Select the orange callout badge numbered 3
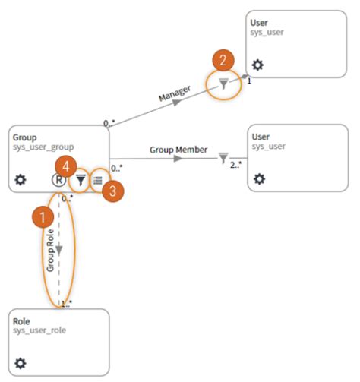pyautogui.click(x=112, y=191)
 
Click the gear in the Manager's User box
pyautogui.click(x=257, y=65)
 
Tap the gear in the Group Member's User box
pyautogui.click(x=259, y=179)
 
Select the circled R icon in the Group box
pyautogui.click(x=58, y=180)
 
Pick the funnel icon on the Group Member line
pyautogui.click(x=223, y=158)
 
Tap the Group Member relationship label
pyautogui.click(x=178, y=150)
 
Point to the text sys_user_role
pyautogui.click(x=41, y=333)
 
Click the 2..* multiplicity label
pyautogui.click(x=237, y=164)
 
